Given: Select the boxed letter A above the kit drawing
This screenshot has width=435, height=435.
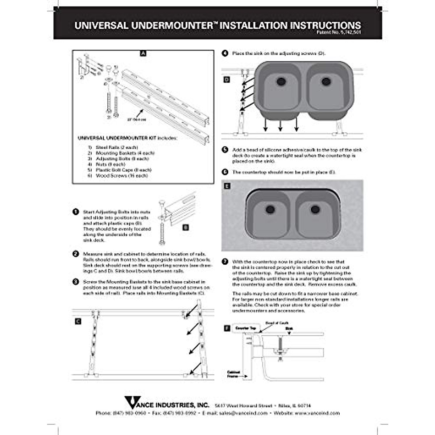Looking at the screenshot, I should (143, 53).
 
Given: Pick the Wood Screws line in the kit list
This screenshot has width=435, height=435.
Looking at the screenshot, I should (121, 176).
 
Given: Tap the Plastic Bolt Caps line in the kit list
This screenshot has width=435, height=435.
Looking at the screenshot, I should (124, 170).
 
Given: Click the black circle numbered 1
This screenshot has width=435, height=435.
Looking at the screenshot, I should (76, 212).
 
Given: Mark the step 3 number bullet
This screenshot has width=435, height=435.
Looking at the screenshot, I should (76, 282).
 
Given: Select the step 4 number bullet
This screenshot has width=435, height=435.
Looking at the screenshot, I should (225, 53).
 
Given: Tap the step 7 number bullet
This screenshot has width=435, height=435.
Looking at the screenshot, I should (225, 261).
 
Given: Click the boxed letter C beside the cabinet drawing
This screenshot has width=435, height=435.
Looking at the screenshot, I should (78, 321).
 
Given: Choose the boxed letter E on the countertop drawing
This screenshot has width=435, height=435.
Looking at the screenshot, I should (227, 186).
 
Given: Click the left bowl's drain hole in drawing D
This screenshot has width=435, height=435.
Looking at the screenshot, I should (281, 81).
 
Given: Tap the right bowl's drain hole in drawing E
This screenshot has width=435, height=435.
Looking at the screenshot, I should (315, 209).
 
